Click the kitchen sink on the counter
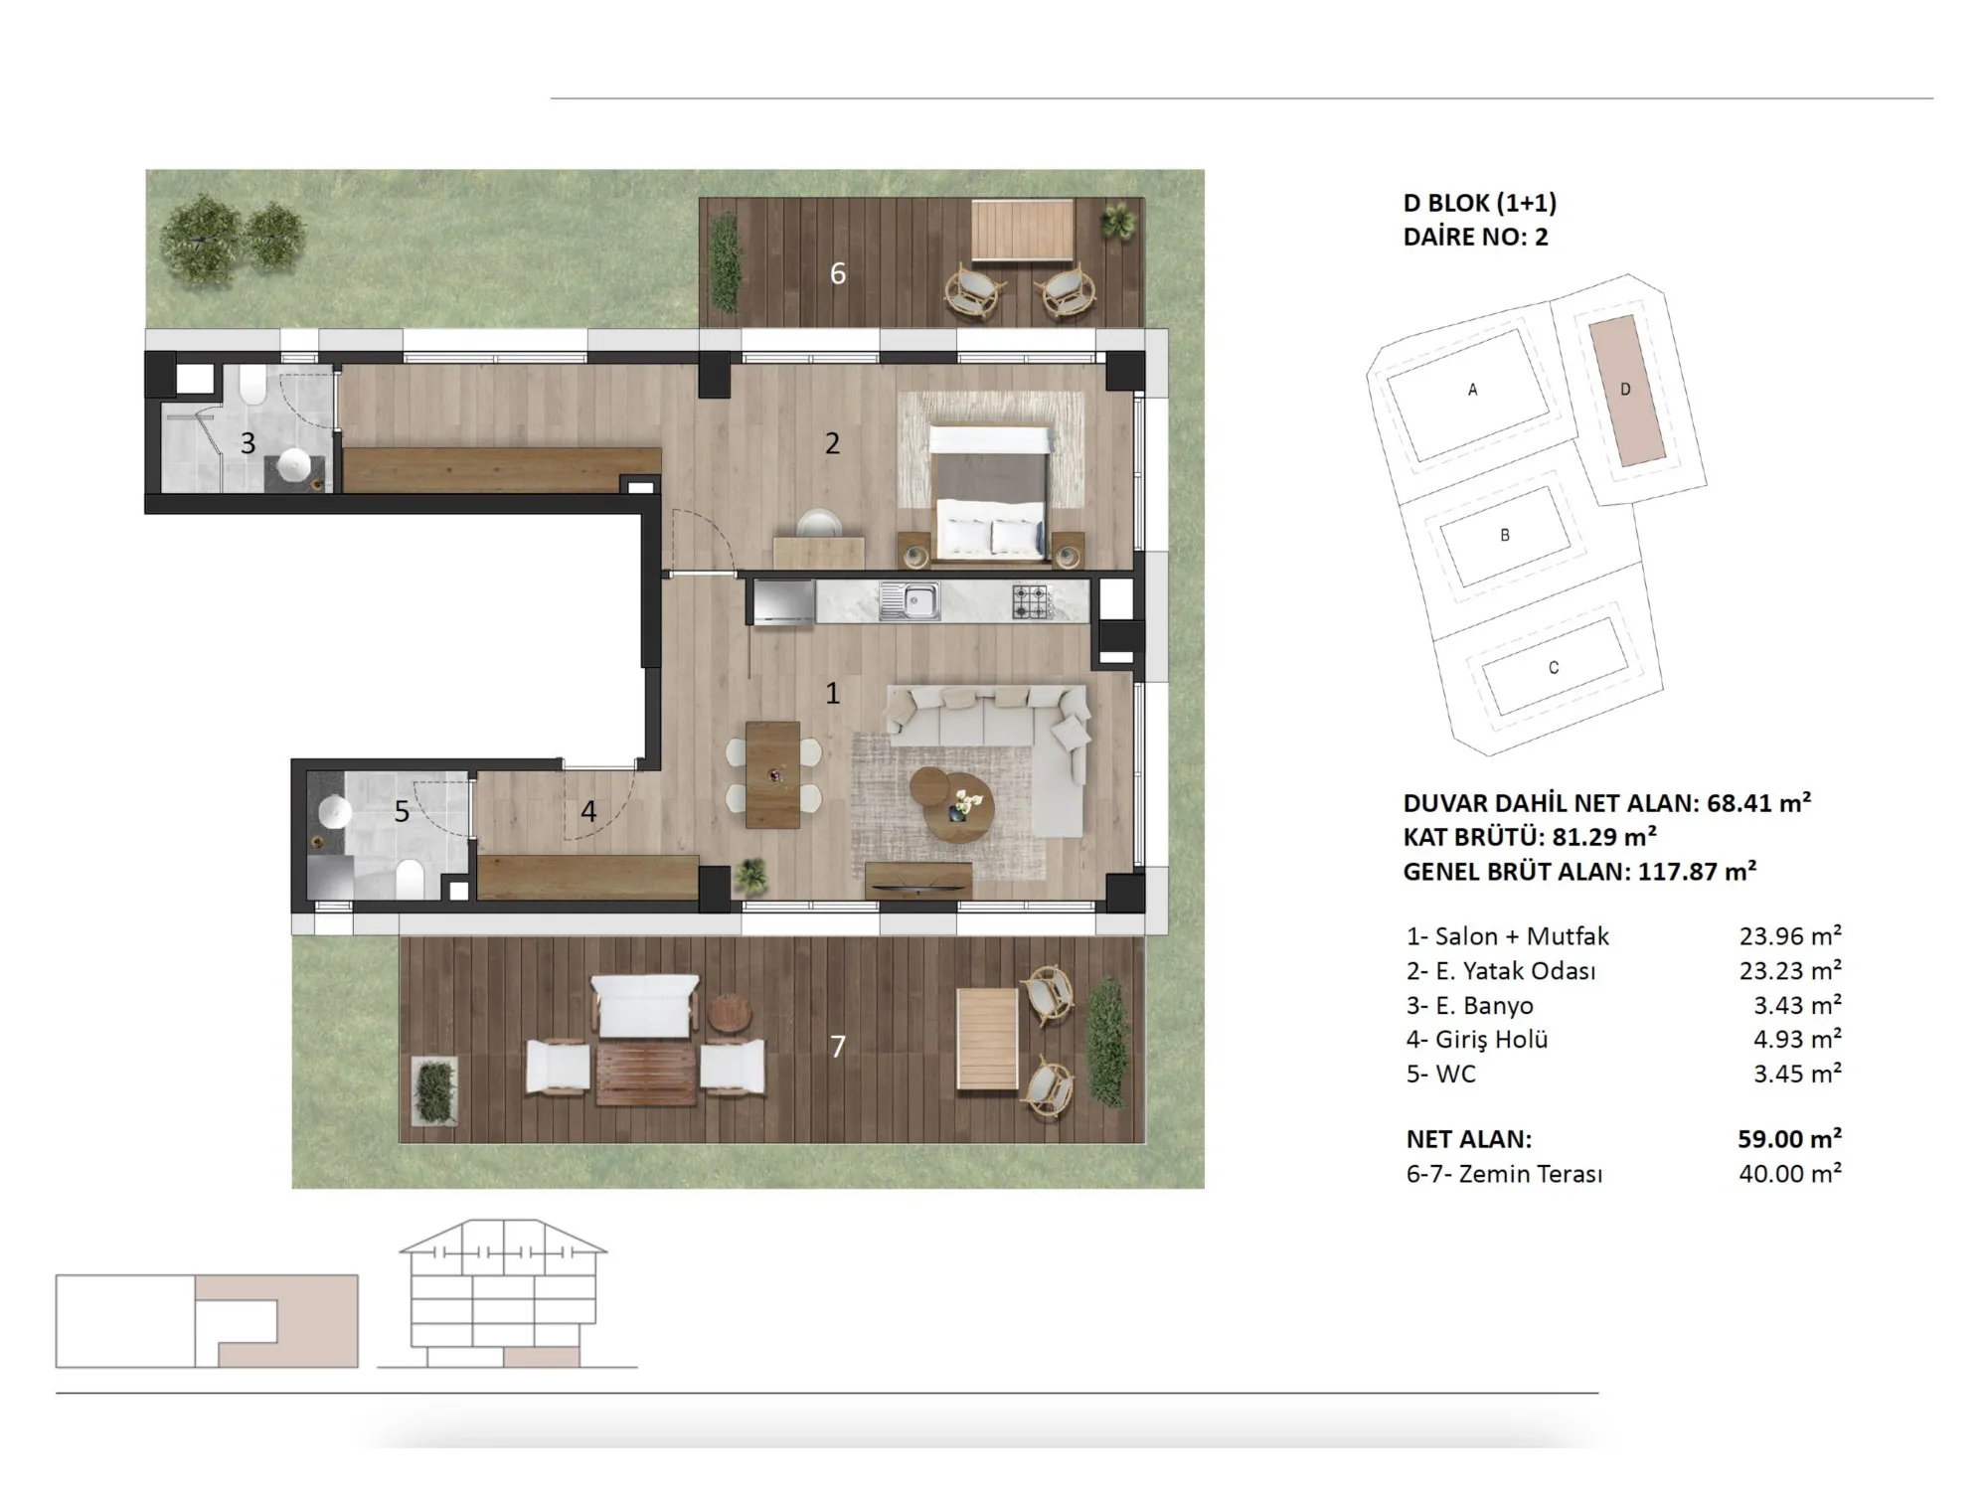(909, 600)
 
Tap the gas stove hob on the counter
(1032, 600)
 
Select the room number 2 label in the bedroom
(832, 443)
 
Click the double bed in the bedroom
(991, 491)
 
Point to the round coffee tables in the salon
(952, 802)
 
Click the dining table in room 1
(773, 774)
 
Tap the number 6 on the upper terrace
(838, 273)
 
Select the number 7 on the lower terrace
(838, 1046)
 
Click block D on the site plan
(1625, 390)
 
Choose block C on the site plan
(1554, 668)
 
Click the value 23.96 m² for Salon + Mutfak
(1790, 935)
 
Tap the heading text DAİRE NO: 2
(1476, 237)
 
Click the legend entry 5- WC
(1441, 1074)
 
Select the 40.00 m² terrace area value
(1790, 1173)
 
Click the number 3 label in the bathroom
(248, 443)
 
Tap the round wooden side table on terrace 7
(733, 1013)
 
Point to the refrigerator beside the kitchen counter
(783, 602)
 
